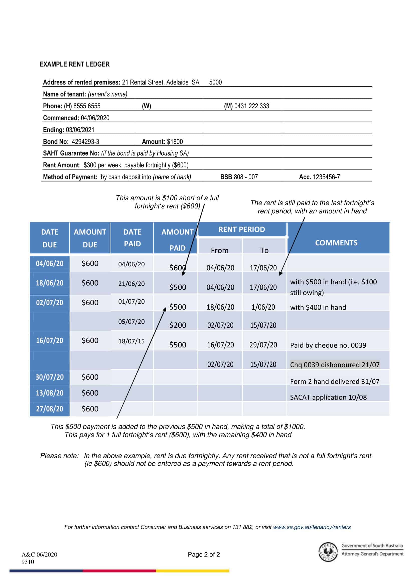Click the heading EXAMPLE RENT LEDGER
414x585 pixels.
74,64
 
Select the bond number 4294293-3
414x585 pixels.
85,142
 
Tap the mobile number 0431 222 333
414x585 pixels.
251,106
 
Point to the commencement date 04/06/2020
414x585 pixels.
95,118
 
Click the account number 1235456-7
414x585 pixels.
326,177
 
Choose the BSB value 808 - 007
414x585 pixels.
246,177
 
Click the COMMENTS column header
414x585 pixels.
336,243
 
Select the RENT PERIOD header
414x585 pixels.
242,229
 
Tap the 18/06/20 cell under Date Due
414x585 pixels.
50,283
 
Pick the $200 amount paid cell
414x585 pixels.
178,325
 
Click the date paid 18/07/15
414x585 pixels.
131,341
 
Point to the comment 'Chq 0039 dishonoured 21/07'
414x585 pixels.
335,365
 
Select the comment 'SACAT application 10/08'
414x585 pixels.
328,397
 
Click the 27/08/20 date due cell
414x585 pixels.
50,409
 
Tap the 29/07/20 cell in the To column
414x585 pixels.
263,345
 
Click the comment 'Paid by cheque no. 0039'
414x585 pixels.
328,345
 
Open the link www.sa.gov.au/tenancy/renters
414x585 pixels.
312,527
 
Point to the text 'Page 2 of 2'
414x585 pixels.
204,554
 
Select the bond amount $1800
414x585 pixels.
175,142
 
